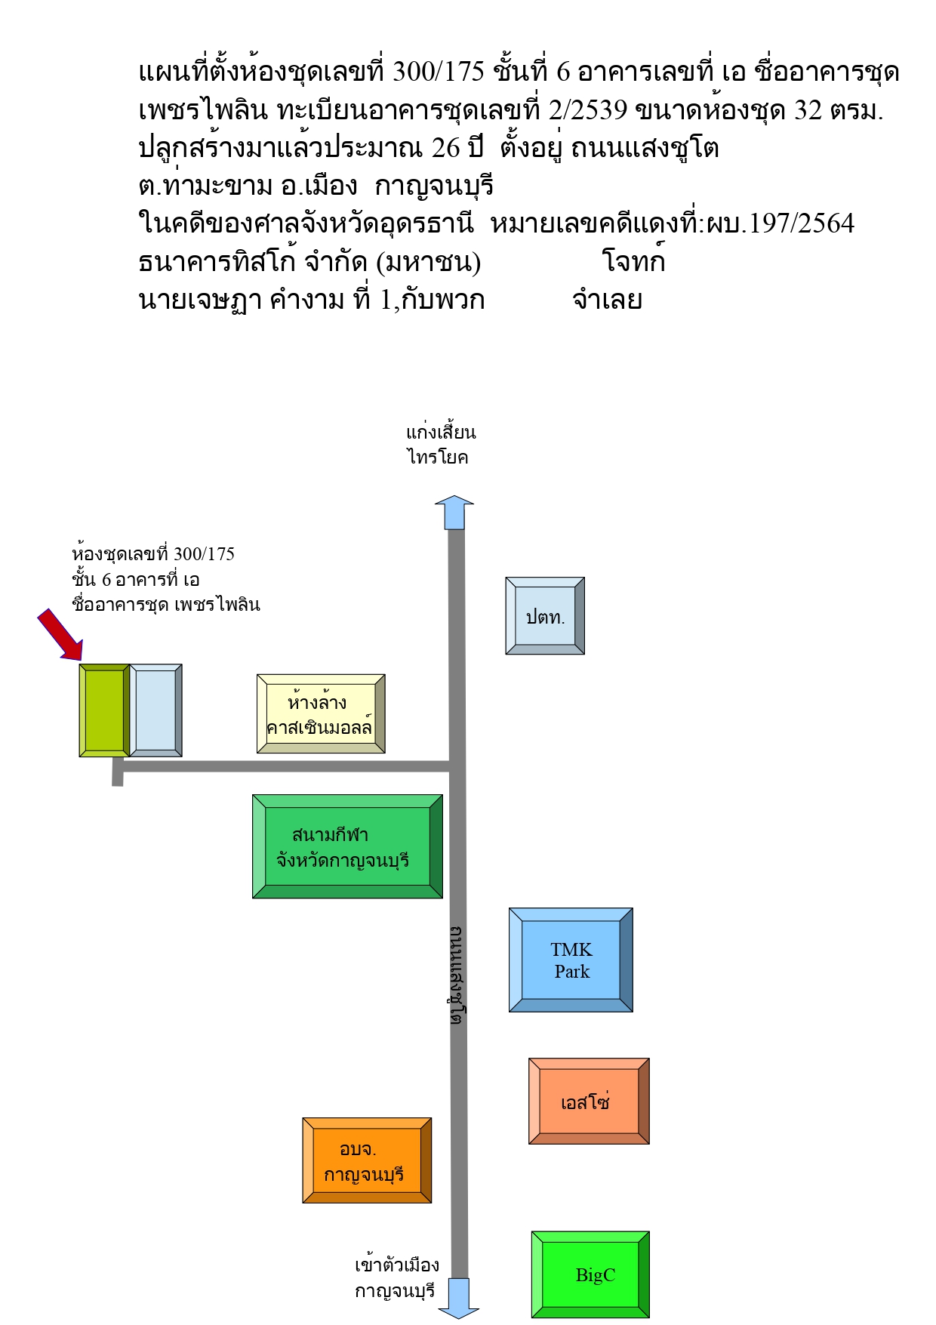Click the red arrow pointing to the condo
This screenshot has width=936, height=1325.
pyautogui.click(x=60, y=634)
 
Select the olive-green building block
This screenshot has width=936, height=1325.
pyautogui.click(x=105, y=710)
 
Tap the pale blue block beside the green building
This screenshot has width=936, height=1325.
pyautogui.click(x=156, y=710)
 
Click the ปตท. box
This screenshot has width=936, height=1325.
pyautogui.click(x=545, y=616)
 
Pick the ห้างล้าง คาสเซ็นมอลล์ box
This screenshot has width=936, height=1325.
pyautogui.click(x=321, y=713)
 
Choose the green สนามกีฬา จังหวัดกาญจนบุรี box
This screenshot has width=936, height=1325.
pyautogui.click(x=347, y=846)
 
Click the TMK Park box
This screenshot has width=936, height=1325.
pyautogui.click(x=571, y=960)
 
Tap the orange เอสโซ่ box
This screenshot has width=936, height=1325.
pyautogui.click(x=589, y=1101)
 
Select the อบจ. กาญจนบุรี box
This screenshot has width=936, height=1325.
pyautogui.click(x=367, y=1160)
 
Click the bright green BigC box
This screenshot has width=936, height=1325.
pyautogui.click(x=590, y=1274)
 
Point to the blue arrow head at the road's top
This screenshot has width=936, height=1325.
pyautogui.click(x=454, y=512)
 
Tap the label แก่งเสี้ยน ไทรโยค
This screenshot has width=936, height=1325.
pyautogui.click(x=441, y=445)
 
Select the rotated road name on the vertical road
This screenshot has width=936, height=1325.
pyautogui.click(x=456, y=975)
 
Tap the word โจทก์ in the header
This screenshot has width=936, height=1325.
pyautogui.click(x=633, y=260)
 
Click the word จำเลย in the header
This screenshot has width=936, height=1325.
pyautogui.click(x=607, y=300)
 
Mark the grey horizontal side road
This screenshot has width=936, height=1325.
pyautogui.click(x=285, y=767)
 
